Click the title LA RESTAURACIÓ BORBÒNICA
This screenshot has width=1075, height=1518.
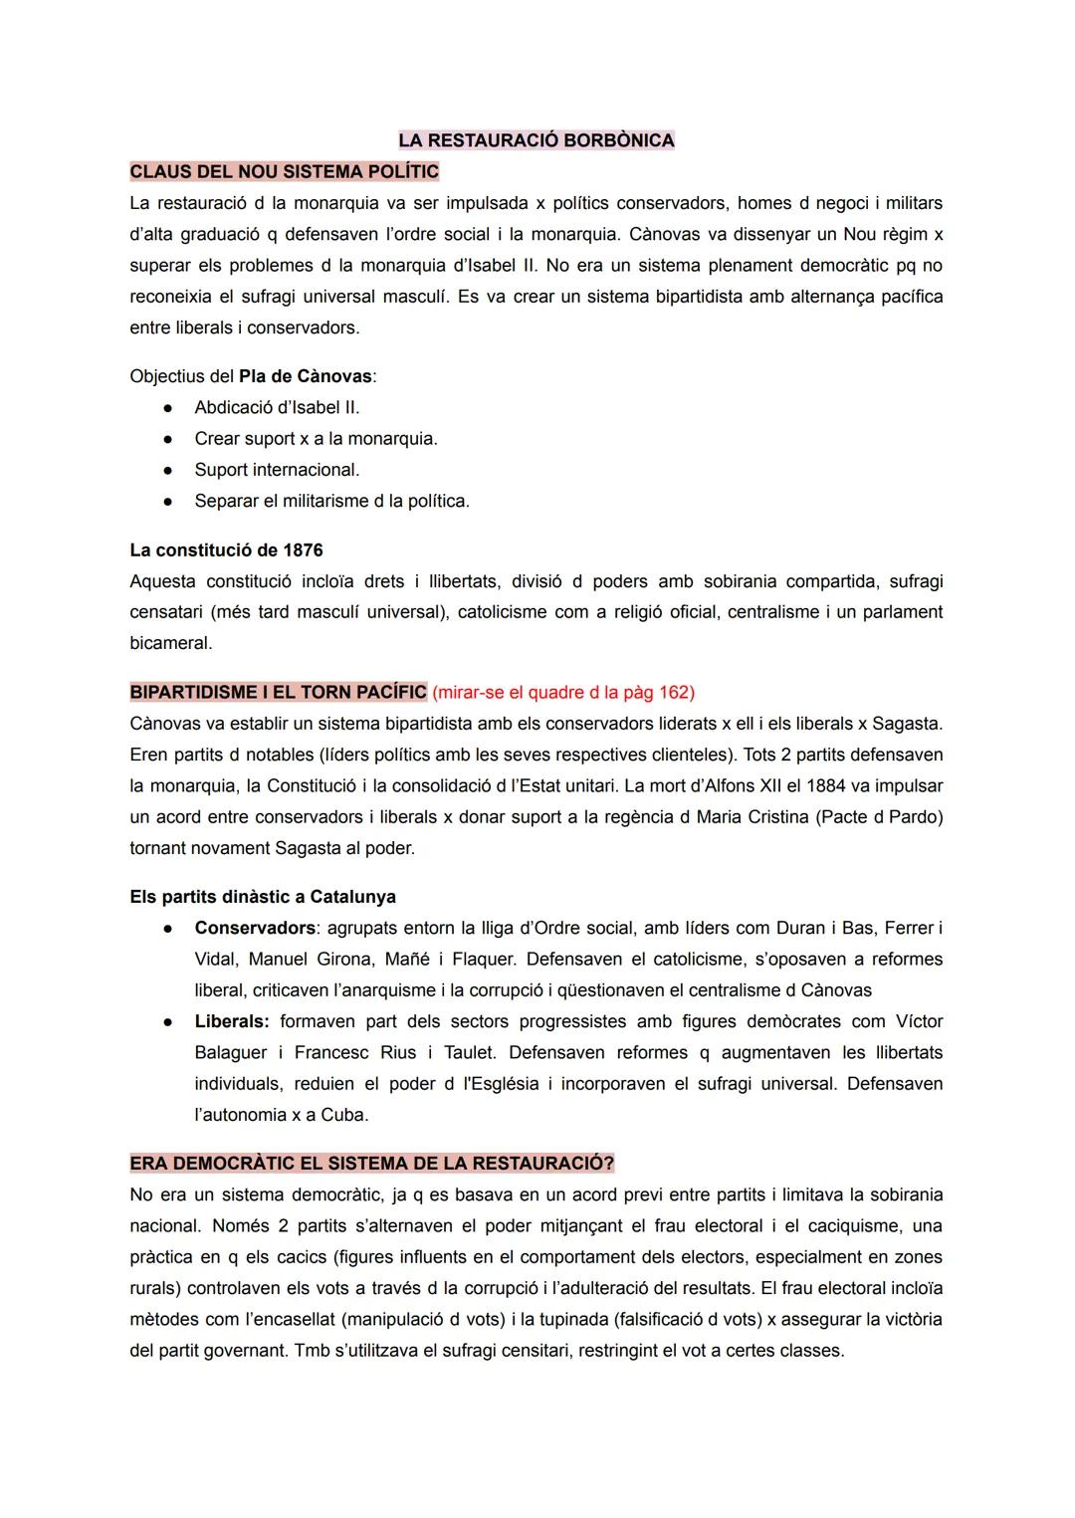[537, 140]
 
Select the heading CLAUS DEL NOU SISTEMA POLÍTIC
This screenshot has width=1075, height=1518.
[284, 171]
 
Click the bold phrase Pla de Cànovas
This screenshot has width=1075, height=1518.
[305, 376]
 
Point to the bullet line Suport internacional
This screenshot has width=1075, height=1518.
[277, 470]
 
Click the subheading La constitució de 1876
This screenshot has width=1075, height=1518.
[226, 550]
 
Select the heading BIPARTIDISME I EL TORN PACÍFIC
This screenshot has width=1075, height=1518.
[278, 692]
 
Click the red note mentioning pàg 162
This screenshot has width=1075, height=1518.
[563, 692]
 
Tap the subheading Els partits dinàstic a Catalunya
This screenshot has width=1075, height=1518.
[263, 897]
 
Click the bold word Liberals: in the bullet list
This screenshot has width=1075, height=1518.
[231, 1021]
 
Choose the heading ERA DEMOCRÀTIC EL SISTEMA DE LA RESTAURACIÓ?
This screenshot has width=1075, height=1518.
[371, 1164]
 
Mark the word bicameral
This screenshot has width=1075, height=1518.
[170, 643]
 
